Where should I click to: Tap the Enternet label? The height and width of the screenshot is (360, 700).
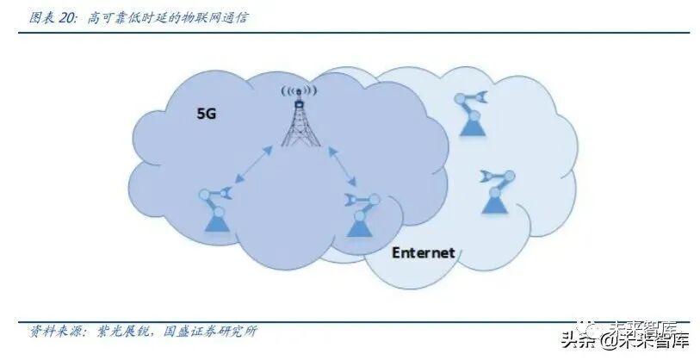click(x=423, y=253)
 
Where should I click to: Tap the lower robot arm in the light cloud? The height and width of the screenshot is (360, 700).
click(x=495, y=190)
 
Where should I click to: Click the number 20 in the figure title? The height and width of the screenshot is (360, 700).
click(x=68, y=17)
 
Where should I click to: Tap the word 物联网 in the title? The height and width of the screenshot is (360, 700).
click(x=197, y=17)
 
